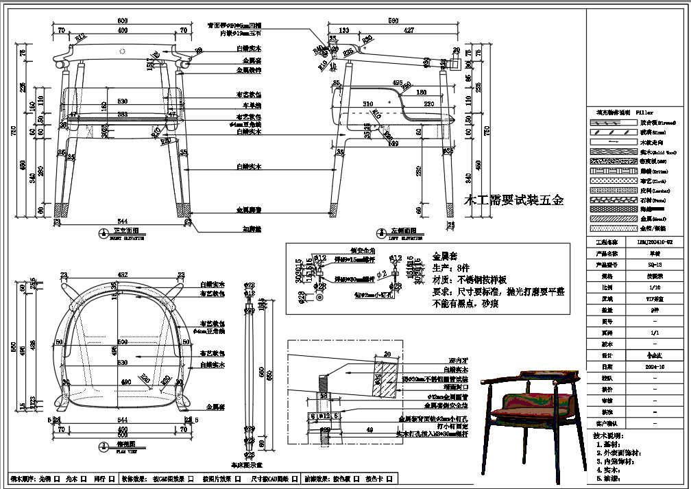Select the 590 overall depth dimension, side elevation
[393, 21]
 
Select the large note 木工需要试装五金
[514, 201]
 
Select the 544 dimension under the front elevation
[123, 221]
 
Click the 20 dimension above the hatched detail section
[387, 355]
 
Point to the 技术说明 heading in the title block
[608, 436]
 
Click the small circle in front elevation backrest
[123, 51]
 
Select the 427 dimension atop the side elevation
[409, 30]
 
